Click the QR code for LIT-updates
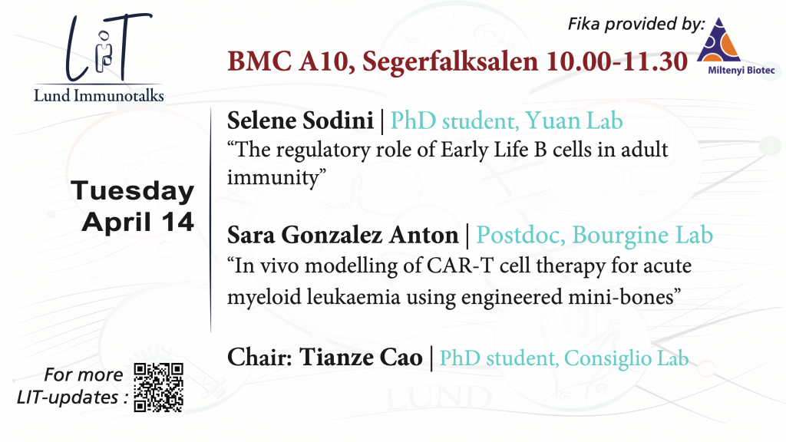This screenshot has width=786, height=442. point(158,388)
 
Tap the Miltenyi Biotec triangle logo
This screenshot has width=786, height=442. point(718,40)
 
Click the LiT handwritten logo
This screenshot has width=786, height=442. point(107,47)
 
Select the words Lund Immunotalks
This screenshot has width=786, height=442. point(99,95)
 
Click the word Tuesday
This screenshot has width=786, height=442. point(133,191)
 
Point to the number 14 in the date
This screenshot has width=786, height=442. point(177,222)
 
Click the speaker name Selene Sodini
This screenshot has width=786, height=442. point(300,120)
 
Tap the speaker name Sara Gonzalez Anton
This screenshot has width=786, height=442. point(343,235)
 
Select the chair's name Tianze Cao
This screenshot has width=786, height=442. point(361,358)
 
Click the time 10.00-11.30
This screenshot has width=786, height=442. point(617,61)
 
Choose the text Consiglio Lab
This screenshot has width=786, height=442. point(626,358)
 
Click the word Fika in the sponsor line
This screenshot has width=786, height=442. point(583,24)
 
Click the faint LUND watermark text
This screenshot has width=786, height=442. point(438,398)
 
